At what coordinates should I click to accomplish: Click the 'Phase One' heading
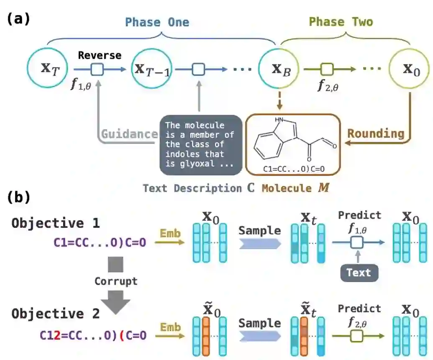tap(157, 22)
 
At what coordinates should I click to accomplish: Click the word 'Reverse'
tap(100, 55)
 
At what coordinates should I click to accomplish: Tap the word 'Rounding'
tap(376, 134)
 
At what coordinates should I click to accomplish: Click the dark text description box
tap(201, 144)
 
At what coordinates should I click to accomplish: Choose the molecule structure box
tap(293, 144)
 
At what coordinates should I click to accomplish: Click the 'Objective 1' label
tap(56, 223)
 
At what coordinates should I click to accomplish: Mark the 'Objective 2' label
tap(56, 314)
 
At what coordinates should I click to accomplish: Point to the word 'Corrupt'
tap(116, 280)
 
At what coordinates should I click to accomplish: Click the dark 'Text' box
tap(359, 273)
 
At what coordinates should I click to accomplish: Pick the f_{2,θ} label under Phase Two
tap(329, 87)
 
